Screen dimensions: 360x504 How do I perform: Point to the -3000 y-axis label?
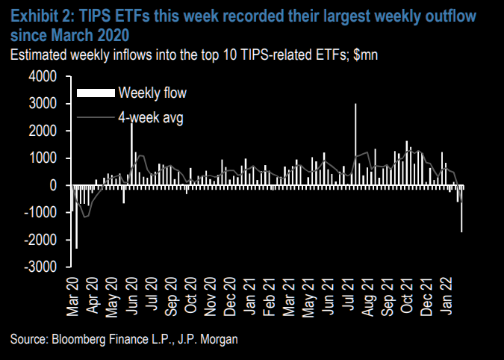coord(42,267)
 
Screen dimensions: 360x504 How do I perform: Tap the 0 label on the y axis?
coord(53,185)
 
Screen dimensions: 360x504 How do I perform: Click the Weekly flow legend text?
coord(152,93)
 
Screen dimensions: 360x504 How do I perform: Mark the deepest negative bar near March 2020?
coord(77,217)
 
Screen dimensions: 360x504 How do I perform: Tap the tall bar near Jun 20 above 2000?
coord(132,154)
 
